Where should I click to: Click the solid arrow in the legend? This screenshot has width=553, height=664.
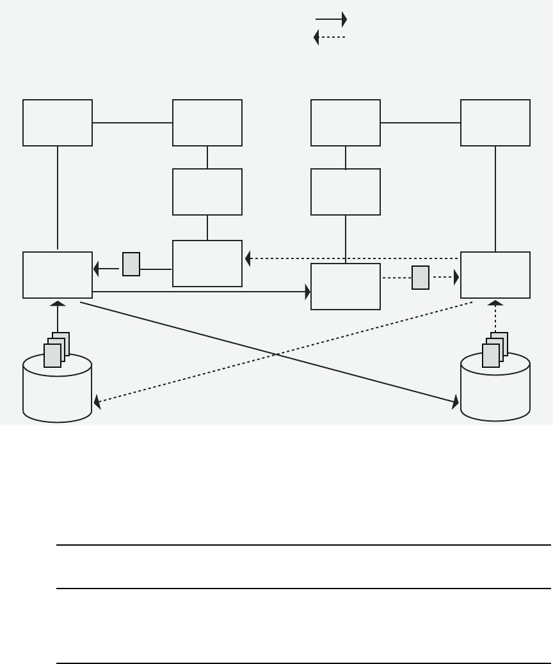(331, 20)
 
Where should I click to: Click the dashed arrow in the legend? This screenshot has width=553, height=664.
(330, 38)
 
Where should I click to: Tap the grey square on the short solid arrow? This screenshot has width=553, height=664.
(131, 264)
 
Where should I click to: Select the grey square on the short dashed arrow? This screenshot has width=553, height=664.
(421, 278)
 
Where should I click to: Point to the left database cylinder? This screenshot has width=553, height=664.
(58, 390)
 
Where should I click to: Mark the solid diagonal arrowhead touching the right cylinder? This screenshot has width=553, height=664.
(456, 402)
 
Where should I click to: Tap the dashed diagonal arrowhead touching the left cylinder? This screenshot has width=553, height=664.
(97, 401)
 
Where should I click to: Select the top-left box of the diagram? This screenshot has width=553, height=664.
(58, 123)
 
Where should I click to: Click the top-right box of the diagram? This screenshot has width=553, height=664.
(495, 123)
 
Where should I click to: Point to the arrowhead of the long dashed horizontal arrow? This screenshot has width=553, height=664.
(249, 258)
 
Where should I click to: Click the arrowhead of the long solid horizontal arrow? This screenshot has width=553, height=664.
(307, 292)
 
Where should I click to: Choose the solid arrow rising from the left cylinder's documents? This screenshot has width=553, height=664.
(58, 316)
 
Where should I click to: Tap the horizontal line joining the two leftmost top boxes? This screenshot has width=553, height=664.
(132, 123)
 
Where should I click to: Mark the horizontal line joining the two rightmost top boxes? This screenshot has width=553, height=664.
(421, 123)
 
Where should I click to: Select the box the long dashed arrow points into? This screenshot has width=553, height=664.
(207, 264)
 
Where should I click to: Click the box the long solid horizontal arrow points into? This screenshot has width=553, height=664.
(346, 287)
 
